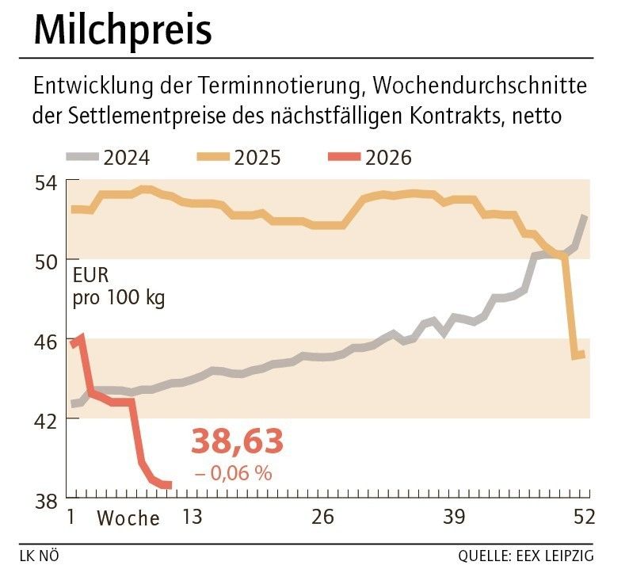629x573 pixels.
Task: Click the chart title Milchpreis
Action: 123,31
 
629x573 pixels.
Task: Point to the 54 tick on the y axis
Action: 47,182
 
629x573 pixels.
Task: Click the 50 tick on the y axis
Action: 47,261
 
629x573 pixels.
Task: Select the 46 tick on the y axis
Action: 47,340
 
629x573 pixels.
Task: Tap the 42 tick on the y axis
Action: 47,419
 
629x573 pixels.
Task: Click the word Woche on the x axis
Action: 128,519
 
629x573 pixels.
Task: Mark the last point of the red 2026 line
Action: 169,485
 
